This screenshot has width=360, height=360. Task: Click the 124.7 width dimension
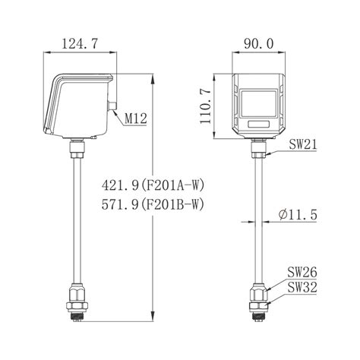(x=80, y=44)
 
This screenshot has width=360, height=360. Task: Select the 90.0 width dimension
(x=259, y=44)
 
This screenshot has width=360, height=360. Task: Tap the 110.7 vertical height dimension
(x=206, y=106)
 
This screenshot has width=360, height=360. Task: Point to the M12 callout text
(x=136, y=118)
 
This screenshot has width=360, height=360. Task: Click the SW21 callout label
(x=303, y=145)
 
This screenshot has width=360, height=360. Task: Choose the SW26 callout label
(x=302, y=273)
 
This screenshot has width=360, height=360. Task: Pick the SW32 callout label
(x=302, y=287)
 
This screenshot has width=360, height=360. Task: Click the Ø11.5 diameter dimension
(x=298, y=215)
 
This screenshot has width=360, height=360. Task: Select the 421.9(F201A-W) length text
(x=153, y=185)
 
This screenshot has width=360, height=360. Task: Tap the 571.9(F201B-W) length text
(x=153, y=204)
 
